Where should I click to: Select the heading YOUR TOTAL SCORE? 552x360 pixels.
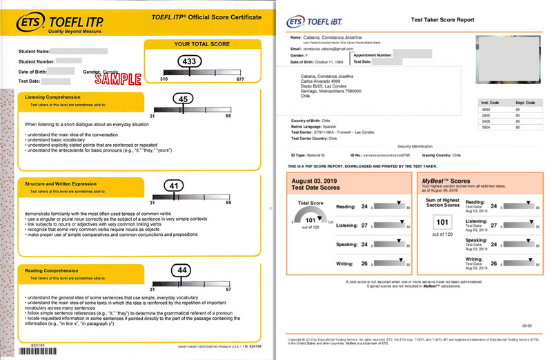(201, 45)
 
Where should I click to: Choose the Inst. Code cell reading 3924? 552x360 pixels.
(486, 127)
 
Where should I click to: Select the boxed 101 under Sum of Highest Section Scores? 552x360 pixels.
(442, 222)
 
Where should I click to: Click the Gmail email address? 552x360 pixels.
(325, 48)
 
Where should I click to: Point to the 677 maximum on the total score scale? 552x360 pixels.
(240, 79)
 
